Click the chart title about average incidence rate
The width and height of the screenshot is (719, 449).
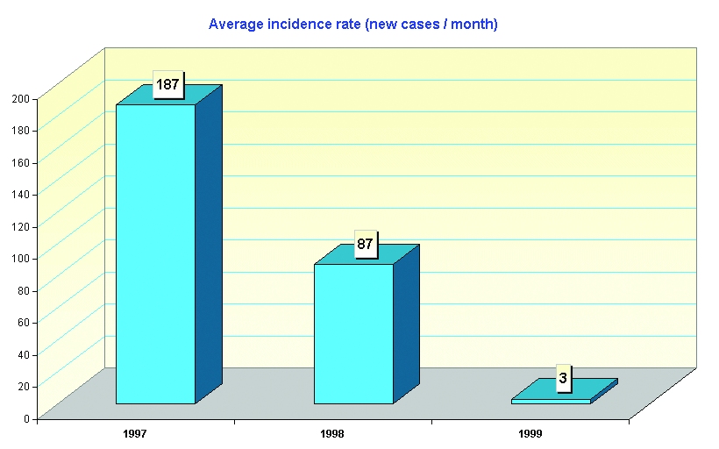coord(352,25)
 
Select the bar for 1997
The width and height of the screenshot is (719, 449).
coord(156,253)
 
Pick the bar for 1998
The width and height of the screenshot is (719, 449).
coord(353,333)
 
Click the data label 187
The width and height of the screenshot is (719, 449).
coord(167,85)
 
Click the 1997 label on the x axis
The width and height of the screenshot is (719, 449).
coord(135,433)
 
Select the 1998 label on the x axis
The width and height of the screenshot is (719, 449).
coord(332,433)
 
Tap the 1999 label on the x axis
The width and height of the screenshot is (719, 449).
coord(530,433)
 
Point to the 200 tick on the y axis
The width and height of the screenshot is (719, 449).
coord(20,98)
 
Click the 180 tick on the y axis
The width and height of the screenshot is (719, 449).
coord(20,130)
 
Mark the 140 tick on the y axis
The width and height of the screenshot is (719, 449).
coord(20,194)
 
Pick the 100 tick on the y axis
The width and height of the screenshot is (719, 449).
coord(20,258)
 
